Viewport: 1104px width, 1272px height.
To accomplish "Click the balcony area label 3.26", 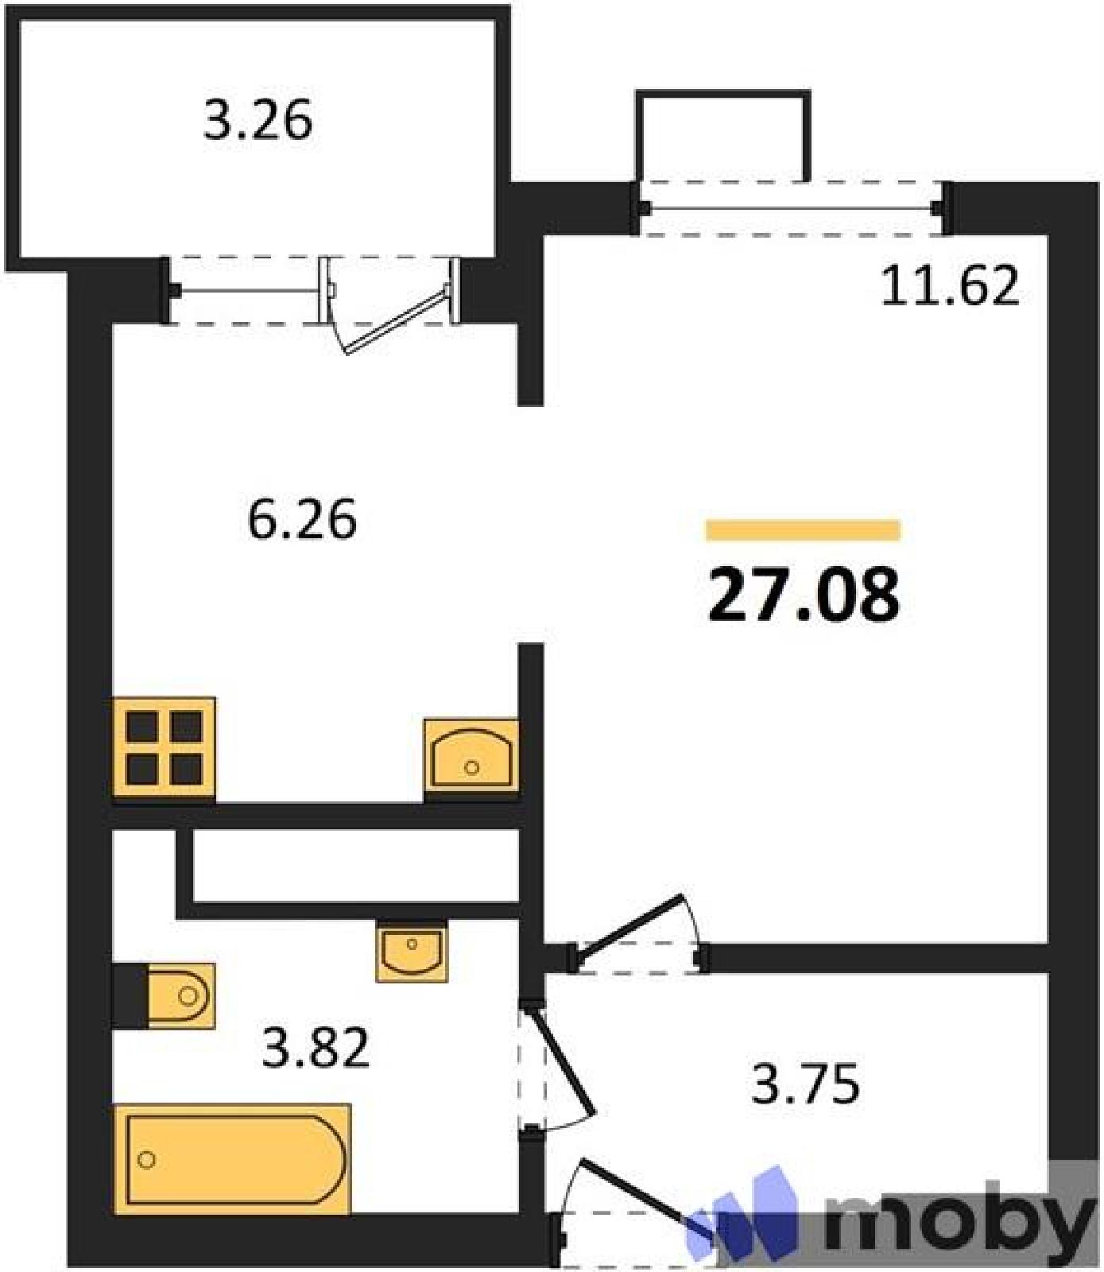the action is pos(258,122).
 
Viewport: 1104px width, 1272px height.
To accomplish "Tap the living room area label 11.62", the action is pos(950,286).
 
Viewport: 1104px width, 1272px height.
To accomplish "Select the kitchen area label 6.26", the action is pos(302,521).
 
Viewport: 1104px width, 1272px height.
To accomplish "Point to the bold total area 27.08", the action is pos(804,594).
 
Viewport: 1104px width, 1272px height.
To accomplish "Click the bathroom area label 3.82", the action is pos(316,1048).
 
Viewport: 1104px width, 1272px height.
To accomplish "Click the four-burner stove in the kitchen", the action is pos(165,747).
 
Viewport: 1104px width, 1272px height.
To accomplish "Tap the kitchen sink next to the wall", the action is pos(471,754).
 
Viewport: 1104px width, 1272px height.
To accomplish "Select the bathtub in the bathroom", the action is pos(232,1158).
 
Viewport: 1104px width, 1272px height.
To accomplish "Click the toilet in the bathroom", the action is pos(181,995).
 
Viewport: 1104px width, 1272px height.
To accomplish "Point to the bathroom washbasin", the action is pos(412,952).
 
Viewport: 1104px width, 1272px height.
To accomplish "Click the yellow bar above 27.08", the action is pos(804,529).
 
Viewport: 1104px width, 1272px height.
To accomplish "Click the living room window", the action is pos(792,208).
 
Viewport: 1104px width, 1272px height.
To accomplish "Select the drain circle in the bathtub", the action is pos(145,1160).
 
